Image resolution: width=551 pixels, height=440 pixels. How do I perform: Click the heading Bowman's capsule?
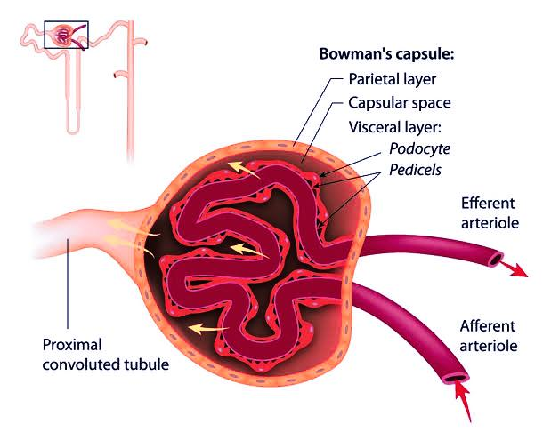pos(386,53)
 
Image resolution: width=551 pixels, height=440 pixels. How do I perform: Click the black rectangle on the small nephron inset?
pos(67,34)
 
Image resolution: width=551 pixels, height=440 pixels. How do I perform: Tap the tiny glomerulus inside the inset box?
pos(63,34)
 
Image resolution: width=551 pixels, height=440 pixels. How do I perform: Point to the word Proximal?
pos(72,344)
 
